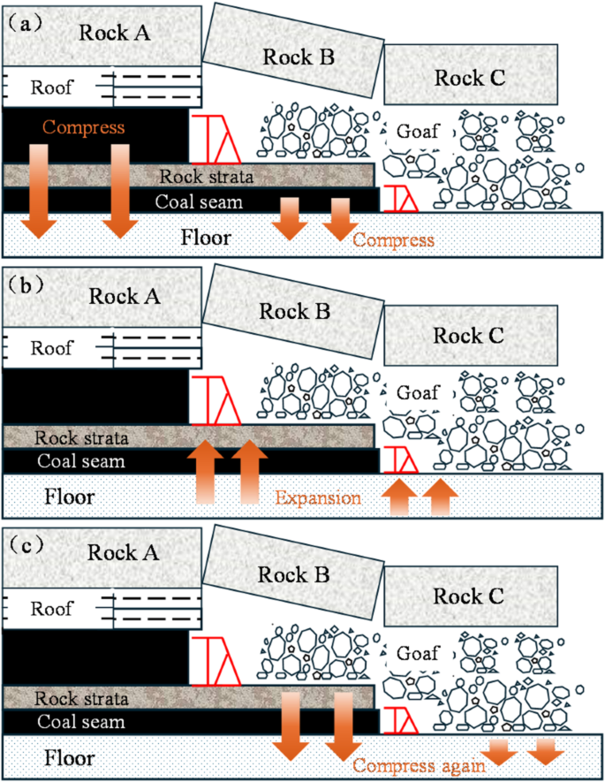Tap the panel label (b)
(25, 285)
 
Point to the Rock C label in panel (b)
(469, 335)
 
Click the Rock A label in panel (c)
(123, 553)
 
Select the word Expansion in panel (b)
(318, 497)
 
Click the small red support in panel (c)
(398, 720)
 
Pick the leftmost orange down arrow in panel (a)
(39, 191)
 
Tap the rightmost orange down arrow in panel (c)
(547, 751)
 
